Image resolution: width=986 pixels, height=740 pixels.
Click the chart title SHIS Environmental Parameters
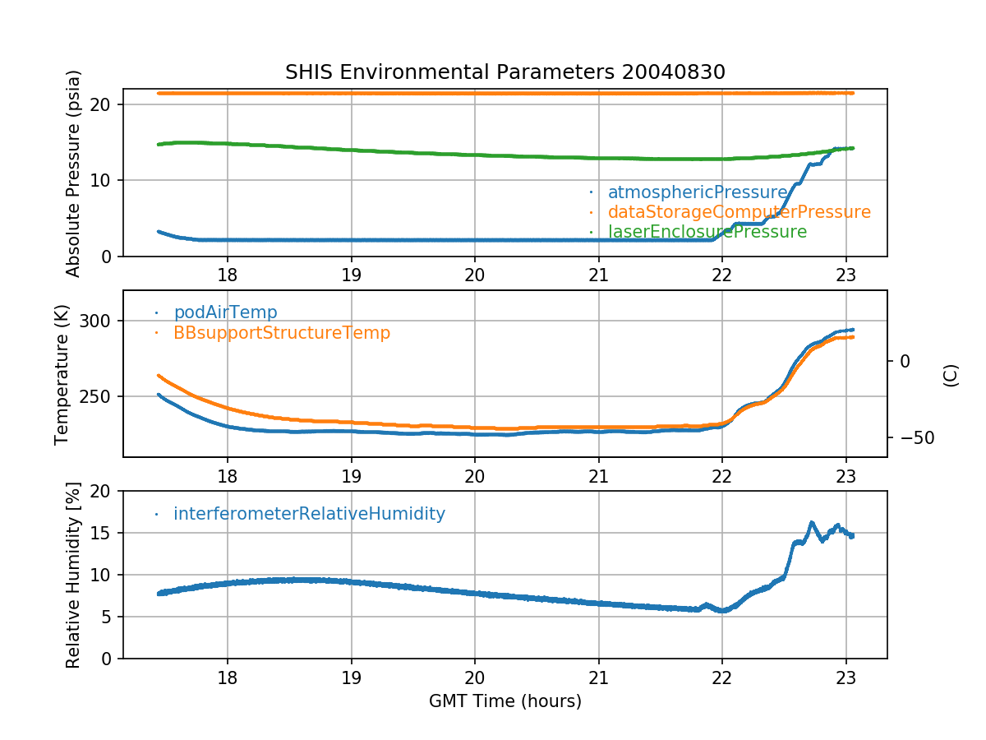coord(505,72)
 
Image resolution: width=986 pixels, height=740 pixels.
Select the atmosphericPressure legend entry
coord(698,192)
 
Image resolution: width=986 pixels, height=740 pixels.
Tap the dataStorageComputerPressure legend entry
coord(739,212)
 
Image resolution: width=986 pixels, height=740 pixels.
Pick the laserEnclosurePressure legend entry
coord(707,232)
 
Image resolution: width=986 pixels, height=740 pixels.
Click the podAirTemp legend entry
coord(225,312)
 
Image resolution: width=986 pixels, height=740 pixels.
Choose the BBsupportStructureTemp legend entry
coord(281,333)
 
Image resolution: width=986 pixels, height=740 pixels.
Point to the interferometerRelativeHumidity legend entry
coord(309,514)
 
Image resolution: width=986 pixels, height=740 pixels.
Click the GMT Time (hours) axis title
coord(505,701)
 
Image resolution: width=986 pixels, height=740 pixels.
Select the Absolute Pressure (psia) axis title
coord(73,173)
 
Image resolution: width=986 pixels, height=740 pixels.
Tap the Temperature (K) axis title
coord(62,373)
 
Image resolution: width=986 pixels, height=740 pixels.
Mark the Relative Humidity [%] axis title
coord(73,575)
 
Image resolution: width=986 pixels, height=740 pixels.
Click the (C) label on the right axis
coord(951,375)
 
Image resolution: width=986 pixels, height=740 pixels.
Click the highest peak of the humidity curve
coord(811,522)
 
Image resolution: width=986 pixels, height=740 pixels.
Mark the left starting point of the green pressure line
coord(159,144)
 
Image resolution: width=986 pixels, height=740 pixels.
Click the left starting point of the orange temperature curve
coord(159,376)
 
